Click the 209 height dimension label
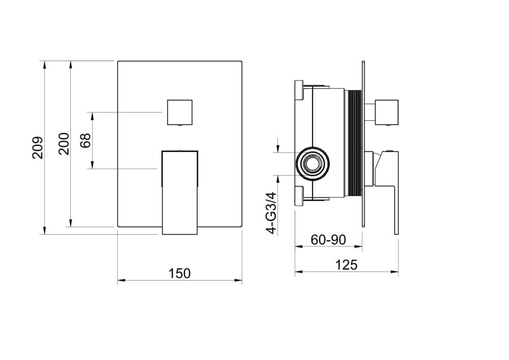point(38,147)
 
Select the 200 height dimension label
point(64,144)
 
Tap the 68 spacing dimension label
point(86,141)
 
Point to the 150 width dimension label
point(180,273)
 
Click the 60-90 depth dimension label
point(328,240)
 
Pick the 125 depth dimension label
point(346,265)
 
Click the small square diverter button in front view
point(180,113)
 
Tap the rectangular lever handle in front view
point(180,192)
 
